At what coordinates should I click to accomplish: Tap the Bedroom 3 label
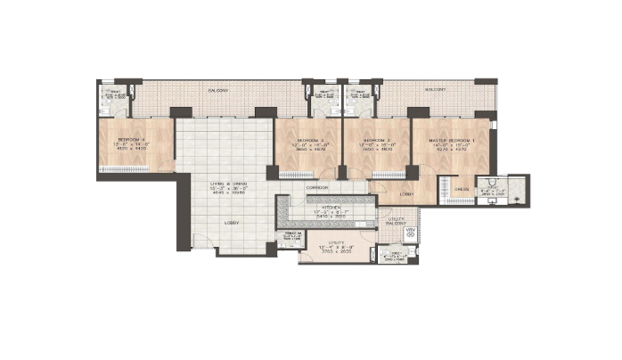coord(308,142)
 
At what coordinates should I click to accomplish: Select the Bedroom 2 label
coord(376,142)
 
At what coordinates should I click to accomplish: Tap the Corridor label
coord(316,188)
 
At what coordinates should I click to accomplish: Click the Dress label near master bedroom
coord(462,189)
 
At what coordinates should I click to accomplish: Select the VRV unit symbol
coord(411,233)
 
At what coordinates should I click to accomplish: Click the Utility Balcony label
coord(397,221)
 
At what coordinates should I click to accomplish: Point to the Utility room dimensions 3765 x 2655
coord(335,253)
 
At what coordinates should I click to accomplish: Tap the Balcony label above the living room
coord(218,91)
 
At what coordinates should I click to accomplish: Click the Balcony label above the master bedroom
coord(435,91)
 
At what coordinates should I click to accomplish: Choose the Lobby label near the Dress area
coord(406,194)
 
